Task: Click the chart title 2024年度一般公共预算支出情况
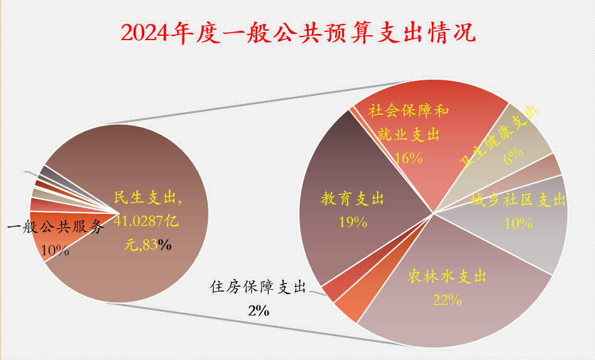click(x=297, y=33)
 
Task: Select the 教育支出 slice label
click(x=352, y=199)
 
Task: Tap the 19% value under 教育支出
click(x=352, y=221)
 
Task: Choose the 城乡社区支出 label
click(x=518, y=200)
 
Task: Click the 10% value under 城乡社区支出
click(x=518, y=223)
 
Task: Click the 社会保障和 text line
click(x=409, y=112)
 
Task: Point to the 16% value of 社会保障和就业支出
click(x=409, y=157)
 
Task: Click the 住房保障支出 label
click(x=257, y=287)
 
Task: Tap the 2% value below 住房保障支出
click(x=258, y=310)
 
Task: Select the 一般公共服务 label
click(x=55, y=227)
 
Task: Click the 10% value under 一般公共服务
click(x=55, y=250)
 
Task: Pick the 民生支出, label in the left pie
click(x=148, y=198)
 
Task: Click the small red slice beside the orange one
click(x=333, y=288)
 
